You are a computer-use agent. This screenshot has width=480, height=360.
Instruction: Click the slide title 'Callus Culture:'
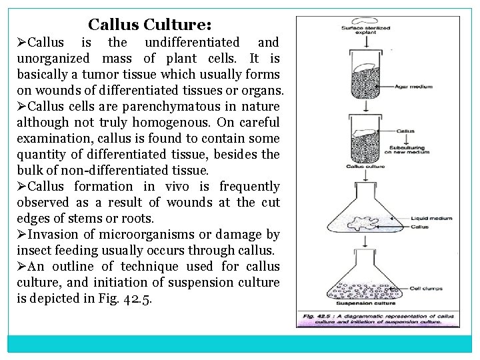(150, 25)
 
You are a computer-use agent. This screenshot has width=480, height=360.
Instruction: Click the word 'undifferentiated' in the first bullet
(193, 42)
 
